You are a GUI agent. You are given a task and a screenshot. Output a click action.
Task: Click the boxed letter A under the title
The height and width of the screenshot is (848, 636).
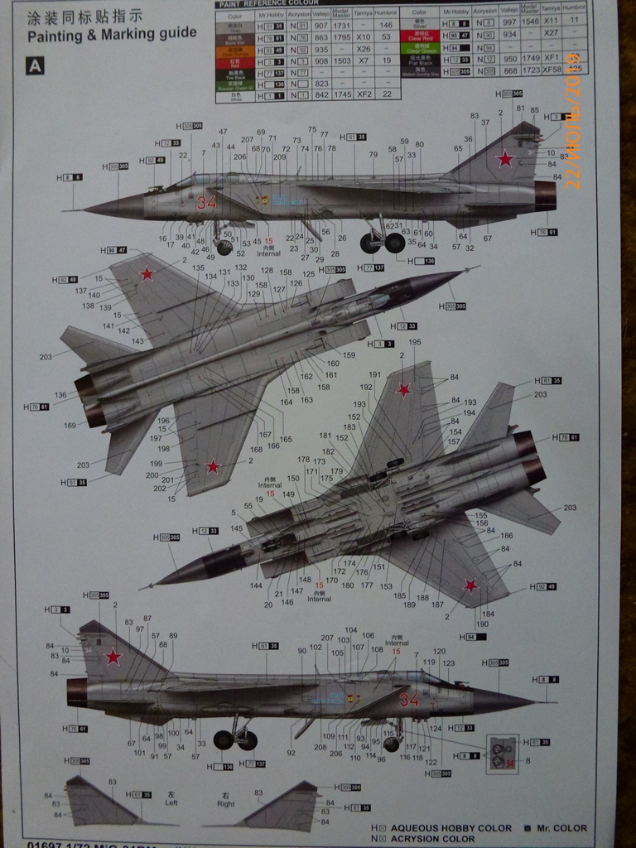tap(35, 66)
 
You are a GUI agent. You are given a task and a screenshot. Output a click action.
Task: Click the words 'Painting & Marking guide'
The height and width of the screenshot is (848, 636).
tap(112, 34)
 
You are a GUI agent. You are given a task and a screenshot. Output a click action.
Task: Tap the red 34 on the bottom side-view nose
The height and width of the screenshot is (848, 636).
tap(409, 701)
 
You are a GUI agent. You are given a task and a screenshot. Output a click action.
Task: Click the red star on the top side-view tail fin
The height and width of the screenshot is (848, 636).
tap(504, 158)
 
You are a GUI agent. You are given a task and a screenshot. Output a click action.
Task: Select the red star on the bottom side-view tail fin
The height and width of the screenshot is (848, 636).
tap(113, 657)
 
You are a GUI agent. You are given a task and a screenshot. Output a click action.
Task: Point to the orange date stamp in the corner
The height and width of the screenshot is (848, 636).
tap(573, 132)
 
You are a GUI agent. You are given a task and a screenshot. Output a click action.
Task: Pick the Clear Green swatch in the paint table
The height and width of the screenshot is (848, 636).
tap(419, 49)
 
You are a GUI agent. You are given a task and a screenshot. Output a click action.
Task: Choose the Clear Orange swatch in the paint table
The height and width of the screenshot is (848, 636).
tap(234, 49)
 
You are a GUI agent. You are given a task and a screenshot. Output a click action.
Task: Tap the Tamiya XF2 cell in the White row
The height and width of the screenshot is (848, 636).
tap(363, 95)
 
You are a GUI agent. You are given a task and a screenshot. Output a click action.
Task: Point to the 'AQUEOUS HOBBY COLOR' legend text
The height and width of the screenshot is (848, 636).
tap(451, 827)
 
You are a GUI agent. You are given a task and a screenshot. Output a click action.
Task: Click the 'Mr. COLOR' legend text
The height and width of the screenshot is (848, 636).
tap(561, 827)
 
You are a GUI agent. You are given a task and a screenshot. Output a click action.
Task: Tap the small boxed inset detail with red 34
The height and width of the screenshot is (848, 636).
tap(502, 752)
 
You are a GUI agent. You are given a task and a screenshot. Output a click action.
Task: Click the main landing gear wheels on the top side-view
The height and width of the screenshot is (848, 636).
tap(383, 243)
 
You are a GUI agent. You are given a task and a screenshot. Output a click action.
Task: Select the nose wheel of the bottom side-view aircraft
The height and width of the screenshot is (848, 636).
tap(391, 744)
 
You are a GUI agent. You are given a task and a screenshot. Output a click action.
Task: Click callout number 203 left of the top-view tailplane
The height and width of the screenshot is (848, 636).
tap(45, 357)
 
